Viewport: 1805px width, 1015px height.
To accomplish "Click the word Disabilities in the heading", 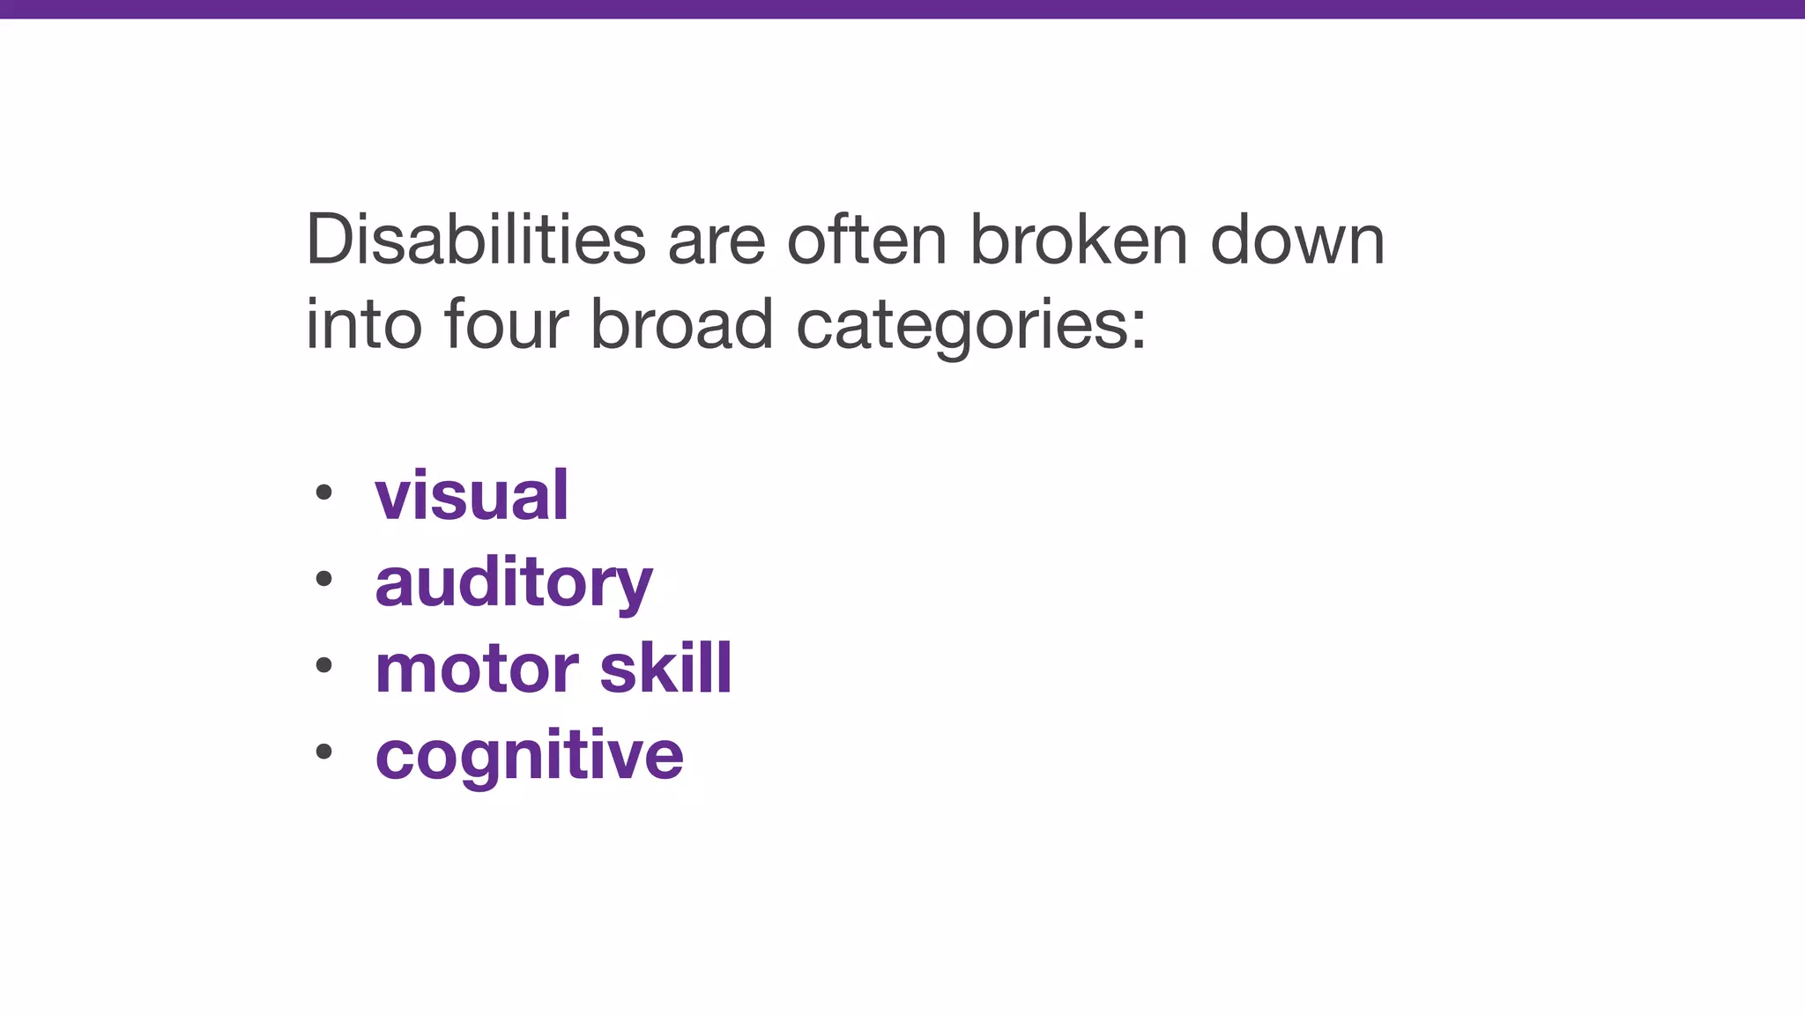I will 475,240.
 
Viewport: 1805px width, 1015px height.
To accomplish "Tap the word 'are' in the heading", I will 716,244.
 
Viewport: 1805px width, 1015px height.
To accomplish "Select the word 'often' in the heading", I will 865,240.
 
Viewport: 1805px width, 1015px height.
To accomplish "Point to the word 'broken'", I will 1079,240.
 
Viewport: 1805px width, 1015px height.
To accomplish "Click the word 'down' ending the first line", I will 1297,240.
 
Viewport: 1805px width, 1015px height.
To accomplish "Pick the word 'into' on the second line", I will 363,324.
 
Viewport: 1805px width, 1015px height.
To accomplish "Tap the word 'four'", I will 507,324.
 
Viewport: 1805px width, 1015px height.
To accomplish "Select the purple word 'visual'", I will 472,495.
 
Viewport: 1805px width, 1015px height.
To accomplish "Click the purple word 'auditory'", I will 514,583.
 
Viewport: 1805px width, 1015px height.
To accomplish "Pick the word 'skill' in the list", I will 665,667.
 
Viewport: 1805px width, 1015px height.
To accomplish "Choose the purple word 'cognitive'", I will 529,756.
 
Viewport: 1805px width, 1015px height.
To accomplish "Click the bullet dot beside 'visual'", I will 323,493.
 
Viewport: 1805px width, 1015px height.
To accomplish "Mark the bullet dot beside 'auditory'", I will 323,579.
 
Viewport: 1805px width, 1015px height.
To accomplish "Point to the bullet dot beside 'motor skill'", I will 323,665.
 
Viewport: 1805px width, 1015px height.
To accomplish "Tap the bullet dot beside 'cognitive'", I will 323,752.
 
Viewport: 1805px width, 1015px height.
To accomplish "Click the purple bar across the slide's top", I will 902,9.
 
